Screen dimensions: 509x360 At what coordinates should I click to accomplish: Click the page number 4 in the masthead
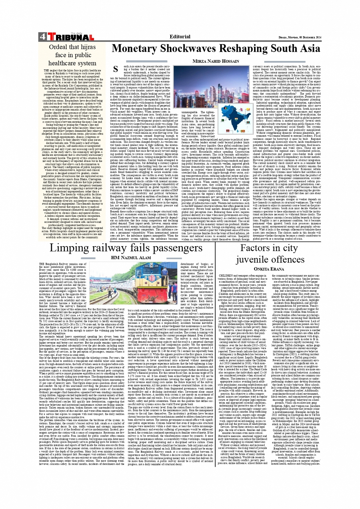41,37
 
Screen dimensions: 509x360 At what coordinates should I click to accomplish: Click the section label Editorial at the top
180,37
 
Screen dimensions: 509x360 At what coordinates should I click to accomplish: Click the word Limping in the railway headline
68,248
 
